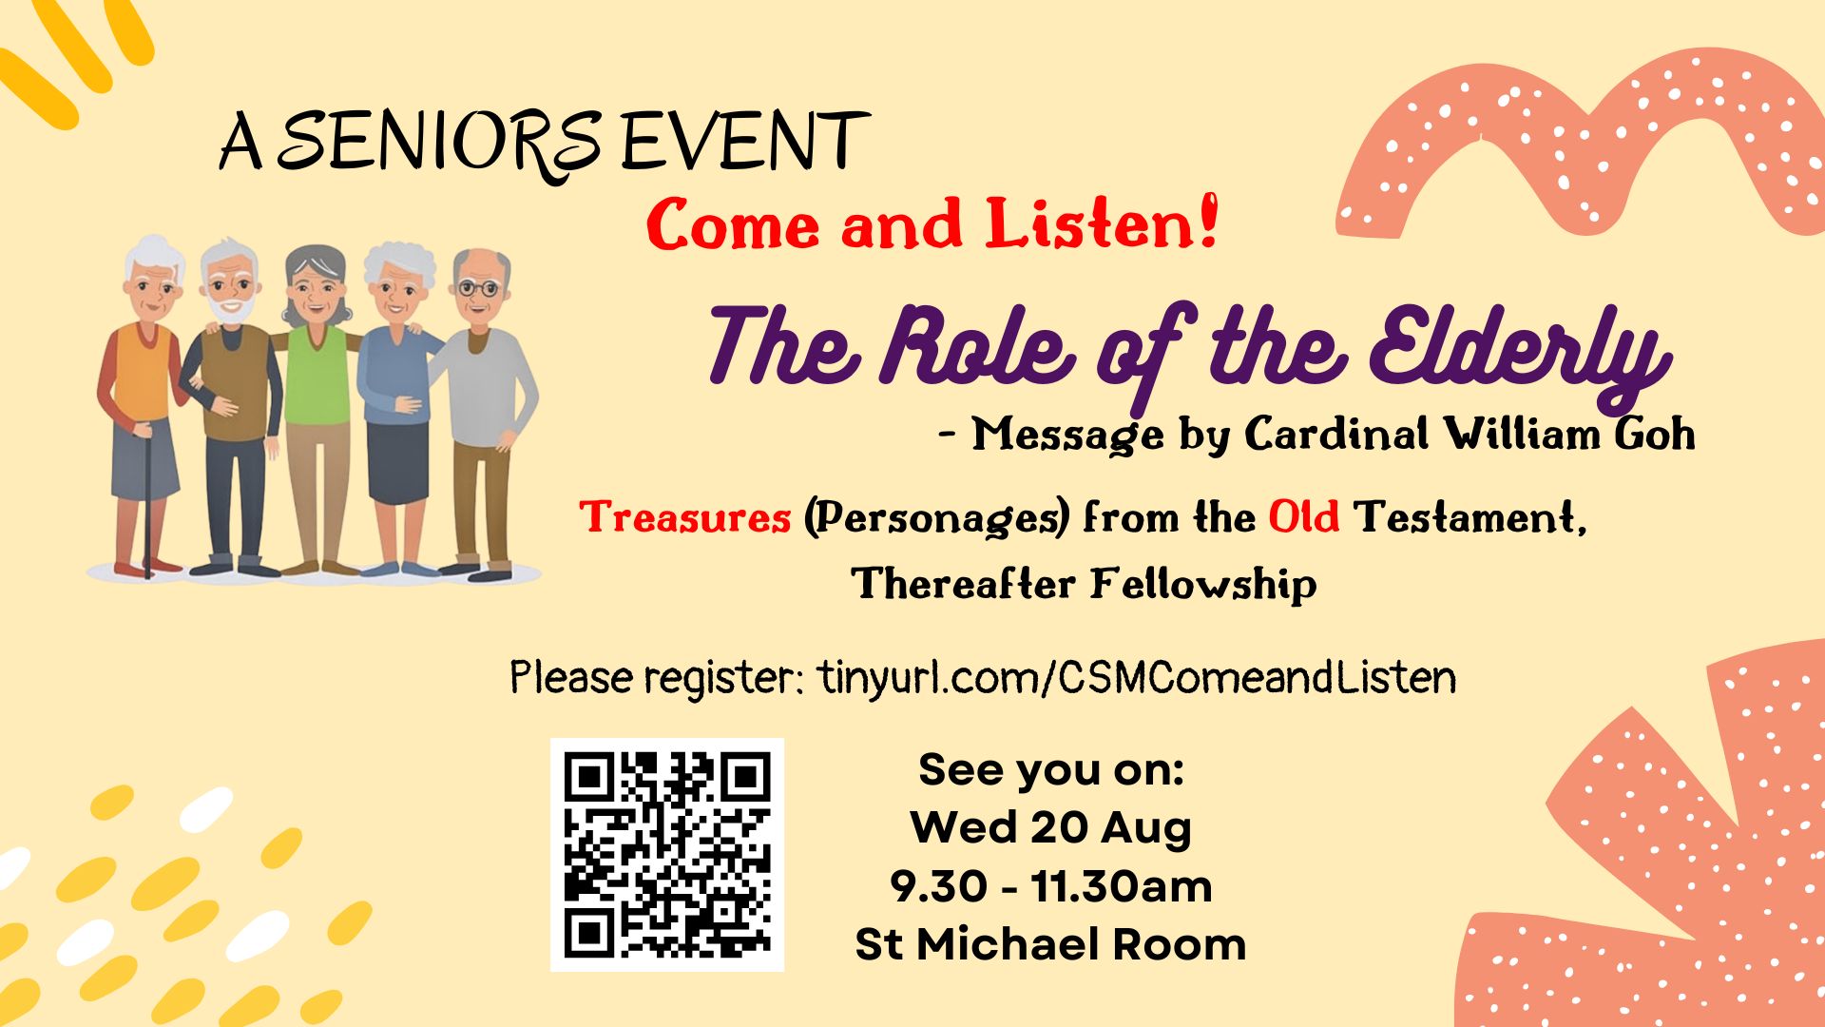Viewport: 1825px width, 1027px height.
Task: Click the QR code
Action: (x=667, y=854)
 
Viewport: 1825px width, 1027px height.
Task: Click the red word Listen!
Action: (x=1101, y=224)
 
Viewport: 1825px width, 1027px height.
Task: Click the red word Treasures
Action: (x=685, y=518)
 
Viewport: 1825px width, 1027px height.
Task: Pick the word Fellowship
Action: (x=1203, y=583)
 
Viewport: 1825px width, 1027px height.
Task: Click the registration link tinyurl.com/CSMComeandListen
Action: (x=1136, y=678)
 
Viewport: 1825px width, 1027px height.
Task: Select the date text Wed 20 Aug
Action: (x=1050, y=827)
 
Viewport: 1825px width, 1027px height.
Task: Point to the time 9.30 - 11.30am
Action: (x=1050, y=886)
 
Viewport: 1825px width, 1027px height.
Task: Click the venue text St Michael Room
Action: (x=1050, y=944)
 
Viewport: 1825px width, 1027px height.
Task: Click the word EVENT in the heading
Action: (x=745, y=143)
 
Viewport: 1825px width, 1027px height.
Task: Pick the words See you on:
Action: (x=1051, y=769)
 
